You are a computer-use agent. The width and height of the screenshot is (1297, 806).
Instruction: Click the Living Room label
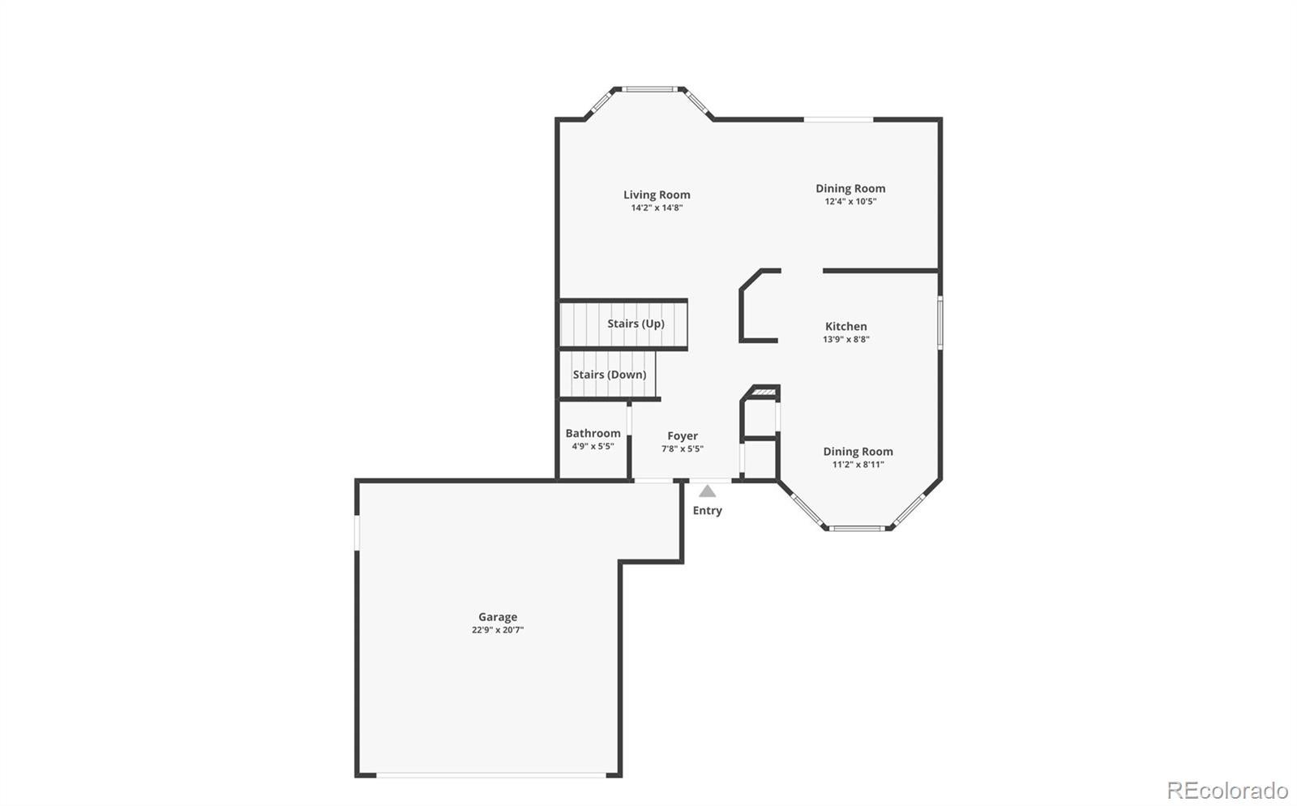[x=657, y=195]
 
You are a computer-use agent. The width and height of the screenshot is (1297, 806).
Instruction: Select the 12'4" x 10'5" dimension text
[x=850, y=201]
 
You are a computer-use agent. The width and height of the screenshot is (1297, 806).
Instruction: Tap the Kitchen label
[x=846, y=327]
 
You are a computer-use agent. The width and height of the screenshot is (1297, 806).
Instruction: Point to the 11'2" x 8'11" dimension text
[x=858, y=465]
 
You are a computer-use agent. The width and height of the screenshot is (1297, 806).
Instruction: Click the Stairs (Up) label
[x=636, y=324]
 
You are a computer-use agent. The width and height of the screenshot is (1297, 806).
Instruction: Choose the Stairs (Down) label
[x=610, y=375]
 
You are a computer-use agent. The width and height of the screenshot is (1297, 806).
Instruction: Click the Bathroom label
[x=593, y=433]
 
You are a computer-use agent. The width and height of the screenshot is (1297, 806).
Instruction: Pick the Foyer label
[x=682, y=435]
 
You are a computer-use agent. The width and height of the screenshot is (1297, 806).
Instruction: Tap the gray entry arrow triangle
[x=707, y=491]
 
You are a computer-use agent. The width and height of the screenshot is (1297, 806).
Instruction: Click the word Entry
[x=708, y=510]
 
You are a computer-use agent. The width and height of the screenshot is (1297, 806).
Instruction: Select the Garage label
[x=498, y=616]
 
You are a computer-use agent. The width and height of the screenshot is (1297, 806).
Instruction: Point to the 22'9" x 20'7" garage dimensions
[x=498, y=630]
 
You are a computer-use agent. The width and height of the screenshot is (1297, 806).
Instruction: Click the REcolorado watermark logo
[x=1227, y=790]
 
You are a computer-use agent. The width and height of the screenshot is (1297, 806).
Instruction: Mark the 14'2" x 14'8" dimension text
[x=657, y=208]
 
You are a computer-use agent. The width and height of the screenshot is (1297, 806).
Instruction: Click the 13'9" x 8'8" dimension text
[x=846, y=339]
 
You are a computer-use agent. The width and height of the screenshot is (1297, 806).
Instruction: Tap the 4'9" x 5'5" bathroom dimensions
[x=593, y=447]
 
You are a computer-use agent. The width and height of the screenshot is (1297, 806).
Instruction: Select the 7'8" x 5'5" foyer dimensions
[x=682, y=448]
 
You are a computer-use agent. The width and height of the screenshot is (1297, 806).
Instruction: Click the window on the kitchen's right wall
[x=940, y=323]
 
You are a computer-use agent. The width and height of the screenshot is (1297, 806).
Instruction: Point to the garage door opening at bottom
[x=491, y=774]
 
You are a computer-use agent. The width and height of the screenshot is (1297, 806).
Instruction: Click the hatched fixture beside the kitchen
[x=764, y=392]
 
